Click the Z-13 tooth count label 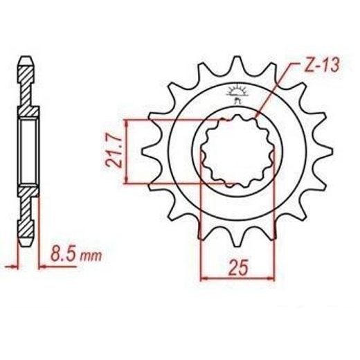click(x=321, y=64)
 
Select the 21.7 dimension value click(x=113, y=152)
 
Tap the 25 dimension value click(x=238, y=268)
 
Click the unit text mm click(x=91, y=255)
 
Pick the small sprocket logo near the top click(x=237, y=94)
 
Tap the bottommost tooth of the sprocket click(x=237, y=237)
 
